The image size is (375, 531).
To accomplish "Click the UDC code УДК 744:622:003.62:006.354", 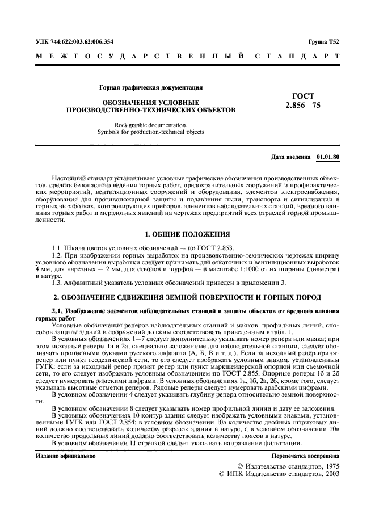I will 74,41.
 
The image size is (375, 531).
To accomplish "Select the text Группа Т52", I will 324,41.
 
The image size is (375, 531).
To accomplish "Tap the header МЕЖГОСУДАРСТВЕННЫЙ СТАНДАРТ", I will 187,57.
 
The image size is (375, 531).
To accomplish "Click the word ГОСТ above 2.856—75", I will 302,96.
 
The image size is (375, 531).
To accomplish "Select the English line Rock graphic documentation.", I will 150,124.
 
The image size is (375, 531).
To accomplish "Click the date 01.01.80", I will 328,156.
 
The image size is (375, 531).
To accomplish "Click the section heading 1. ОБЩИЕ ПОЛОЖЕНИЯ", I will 187,234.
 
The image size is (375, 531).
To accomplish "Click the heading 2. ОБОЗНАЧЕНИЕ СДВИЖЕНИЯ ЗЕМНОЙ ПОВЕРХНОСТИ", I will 187,297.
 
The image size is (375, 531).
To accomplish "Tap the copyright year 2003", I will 328,474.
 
